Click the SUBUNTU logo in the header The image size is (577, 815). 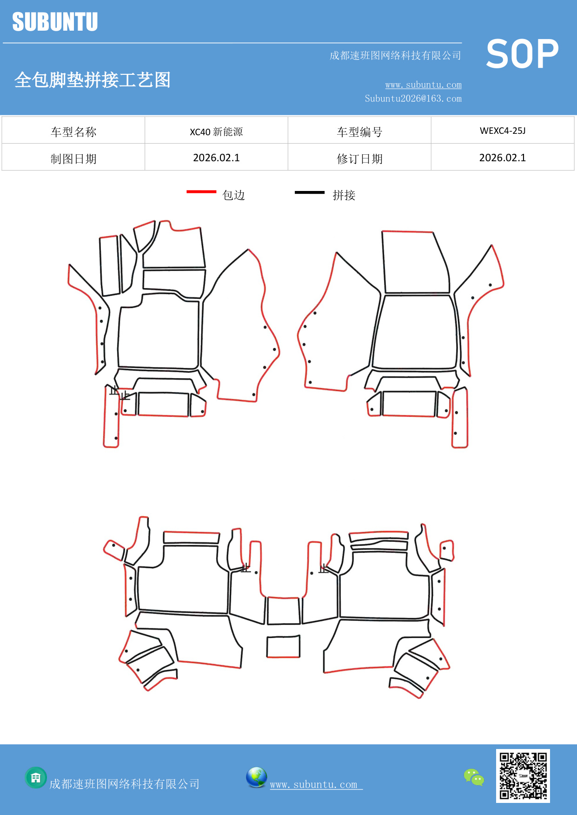click(x=55, y=22)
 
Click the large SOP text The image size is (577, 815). click(x=522, y=54)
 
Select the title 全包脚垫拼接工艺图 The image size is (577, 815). click(x=93, y=80)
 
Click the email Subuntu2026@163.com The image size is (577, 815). click(x=413, y=99)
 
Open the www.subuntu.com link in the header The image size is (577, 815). click(x=423, y=85)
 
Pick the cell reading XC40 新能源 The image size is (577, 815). click(x=216, y=131)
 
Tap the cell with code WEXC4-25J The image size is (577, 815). click(x=502, y=131)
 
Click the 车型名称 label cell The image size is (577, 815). click(x=73, y=132)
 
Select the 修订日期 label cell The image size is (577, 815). click(x=359, y=159)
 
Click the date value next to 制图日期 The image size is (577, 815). click(x=216, y=158)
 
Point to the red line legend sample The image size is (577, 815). click(x=201, y=191)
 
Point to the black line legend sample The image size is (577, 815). click(x=309, y=192)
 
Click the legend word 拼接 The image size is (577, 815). click(x=344, y=195)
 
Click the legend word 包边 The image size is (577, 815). click(x=233, y=195)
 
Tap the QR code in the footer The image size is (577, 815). click(x=523, y=776)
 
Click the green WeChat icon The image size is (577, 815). click(x=474, y=777)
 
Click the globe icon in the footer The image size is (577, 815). click(x=256, y=777)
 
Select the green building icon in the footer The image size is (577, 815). click(x=36, y=777)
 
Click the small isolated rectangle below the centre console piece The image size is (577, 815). click(x=283, y=647)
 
